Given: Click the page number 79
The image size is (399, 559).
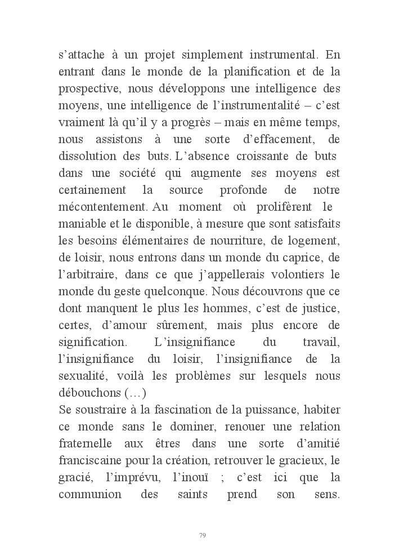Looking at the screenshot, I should [x=203, y=535].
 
